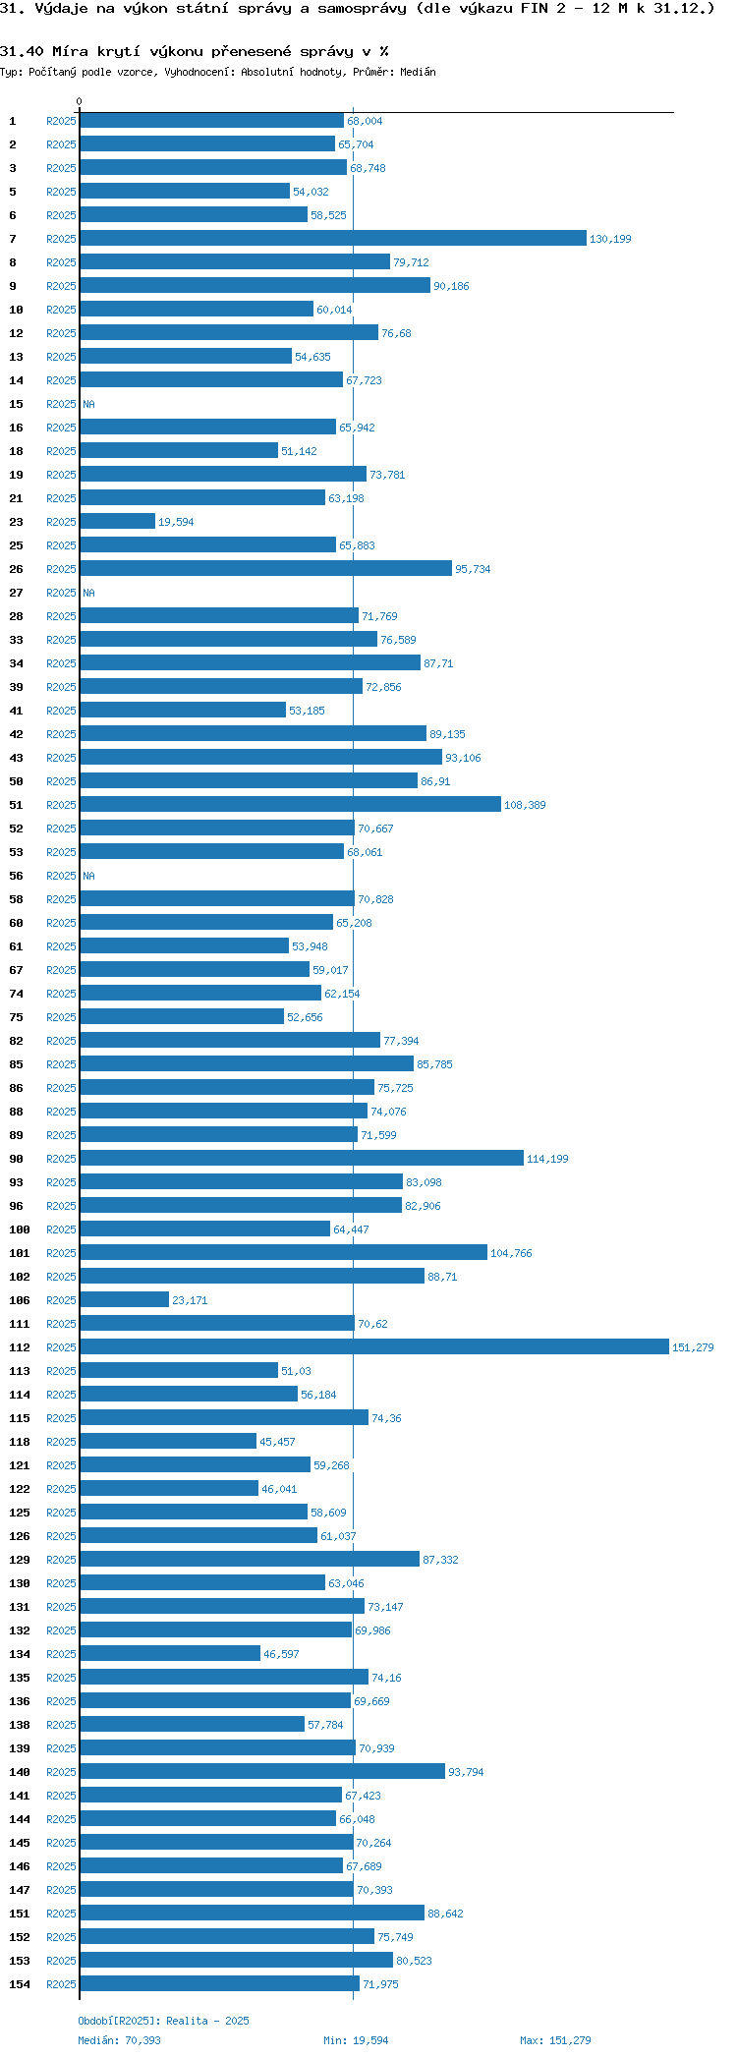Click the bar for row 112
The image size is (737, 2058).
[x=373, y=1346]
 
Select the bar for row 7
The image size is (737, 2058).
[x=332, y=238]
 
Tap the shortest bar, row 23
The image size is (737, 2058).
[x=117, y=521]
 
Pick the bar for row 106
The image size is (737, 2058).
[x=124, y=1299]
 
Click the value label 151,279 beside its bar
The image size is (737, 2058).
[x=693, y=1347]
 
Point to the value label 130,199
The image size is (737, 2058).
[x=610, y=239]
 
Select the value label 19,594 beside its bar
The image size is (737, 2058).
[x=176, y=522]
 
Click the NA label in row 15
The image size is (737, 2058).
[x=88, y=404]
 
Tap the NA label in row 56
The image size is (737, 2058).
[x=88, y=876]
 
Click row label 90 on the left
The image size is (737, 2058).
[x=16, y=1159]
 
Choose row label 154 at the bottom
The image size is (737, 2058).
[x=20, y=1984]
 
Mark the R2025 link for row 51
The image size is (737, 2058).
[x=61, y=805]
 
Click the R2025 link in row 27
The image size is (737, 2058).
[x=61, y=593]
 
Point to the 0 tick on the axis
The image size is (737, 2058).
[x=80, y=101]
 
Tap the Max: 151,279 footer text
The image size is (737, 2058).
[x=555, y=2040]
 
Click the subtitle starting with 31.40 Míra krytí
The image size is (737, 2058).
[x=194, y=51]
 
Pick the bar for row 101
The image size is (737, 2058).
[x=283, y=1252]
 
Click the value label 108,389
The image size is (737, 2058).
[x=525, y=805]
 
